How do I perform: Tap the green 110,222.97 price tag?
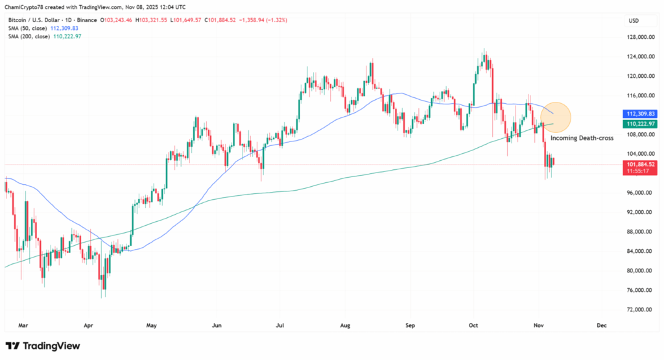[641, 123]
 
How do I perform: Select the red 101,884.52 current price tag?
[641, 165]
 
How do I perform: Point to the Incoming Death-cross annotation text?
[582, 138]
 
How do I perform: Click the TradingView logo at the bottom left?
[43, 346]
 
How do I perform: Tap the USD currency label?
[634, 21]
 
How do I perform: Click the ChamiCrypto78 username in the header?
[25, 6]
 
